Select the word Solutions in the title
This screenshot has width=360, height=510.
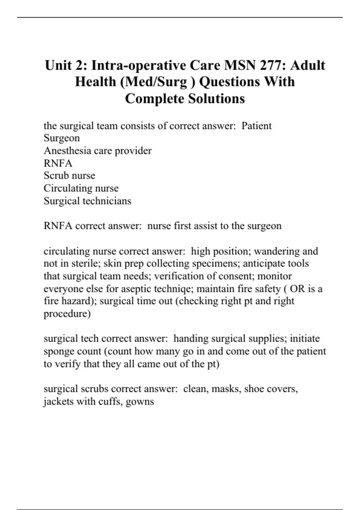[x=216, y=99]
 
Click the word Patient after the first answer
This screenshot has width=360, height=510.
[x=256, y=126]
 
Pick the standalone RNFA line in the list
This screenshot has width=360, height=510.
[x=58, y=163]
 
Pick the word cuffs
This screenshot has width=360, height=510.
[x=110, y=401]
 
